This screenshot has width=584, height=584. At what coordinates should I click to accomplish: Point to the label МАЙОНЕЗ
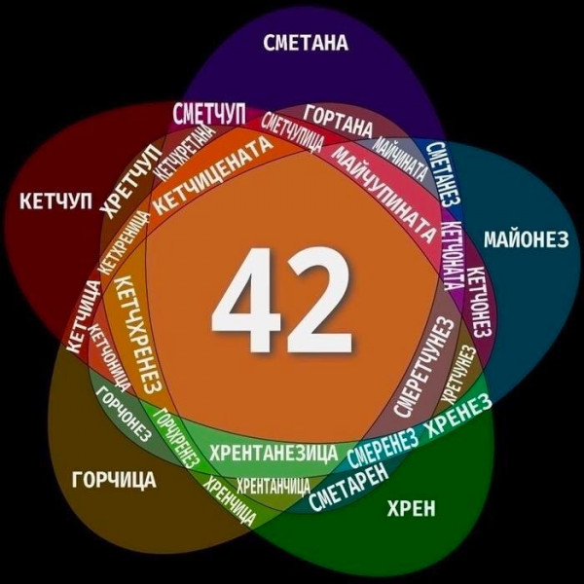click(x=524, y=240)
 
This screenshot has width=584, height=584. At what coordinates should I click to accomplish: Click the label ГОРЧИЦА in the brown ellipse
click(x=114, y=478)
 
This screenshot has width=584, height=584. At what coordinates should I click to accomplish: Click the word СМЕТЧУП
click(x=207, y=112)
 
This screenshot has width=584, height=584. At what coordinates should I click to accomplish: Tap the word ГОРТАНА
click(x=339, y=115)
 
